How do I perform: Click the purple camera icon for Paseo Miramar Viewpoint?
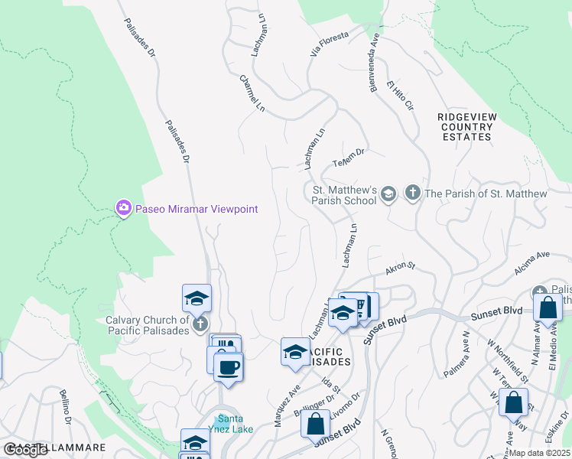click(x=123, y=209)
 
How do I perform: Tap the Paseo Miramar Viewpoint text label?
click(x=197, y=209)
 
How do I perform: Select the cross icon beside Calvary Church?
click(x=200, y=324)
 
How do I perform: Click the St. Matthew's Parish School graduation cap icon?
click(x=388, y=194)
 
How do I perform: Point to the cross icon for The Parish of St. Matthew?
click(x=412, y=194)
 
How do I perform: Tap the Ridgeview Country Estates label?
click(x=466, y=126)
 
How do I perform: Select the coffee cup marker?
click(x=229, y=368)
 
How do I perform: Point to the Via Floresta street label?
click(x=329, y=45)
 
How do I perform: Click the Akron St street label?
click(x=399, y=267)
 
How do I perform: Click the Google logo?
click(x=25, y=450)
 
